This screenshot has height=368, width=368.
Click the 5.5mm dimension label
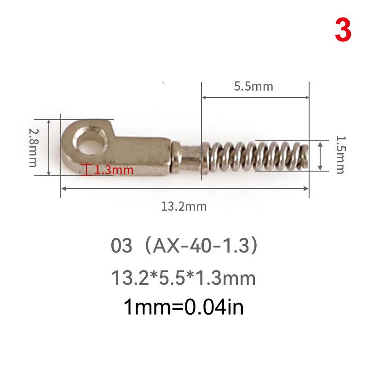click(253, 86)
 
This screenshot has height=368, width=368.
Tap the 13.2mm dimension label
click(184, 207)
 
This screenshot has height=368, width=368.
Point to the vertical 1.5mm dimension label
click(339, 154)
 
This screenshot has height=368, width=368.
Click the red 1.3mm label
click(114, 170)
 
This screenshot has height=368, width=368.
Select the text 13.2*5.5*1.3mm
click(184, 278)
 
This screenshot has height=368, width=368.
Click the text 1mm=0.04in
click(184, 307)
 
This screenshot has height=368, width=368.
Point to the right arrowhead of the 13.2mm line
click(305, 188)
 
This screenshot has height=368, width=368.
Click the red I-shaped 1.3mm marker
click(84, 170)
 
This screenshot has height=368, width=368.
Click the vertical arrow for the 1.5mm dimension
click(321, 155)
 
